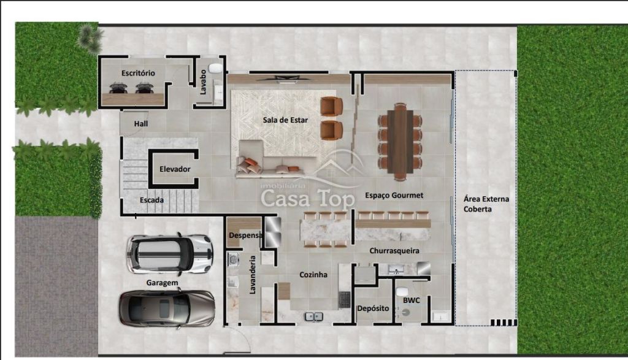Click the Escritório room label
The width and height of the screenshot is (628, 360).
click(138, 73)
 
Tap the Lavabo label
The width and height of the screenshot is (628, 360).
click(203, 82)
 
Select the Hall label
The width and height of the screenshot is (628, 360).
click(141, 124)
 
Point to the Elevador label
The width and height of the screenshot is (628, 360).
click(175, 169)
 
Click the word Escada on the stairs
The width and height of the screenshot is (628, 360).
click(151, 200)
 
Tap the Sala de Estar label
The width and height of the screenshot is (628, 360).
click(285, 120)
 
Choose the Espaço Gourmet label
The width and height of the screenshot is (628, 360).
click(394, 196)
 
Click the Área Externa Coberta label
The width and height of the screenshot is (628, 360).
click(486, 204)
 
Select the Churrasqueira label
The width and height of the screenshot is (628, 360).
click(394, 251)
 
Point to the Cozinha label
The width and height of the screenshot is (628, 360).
click(313, 275)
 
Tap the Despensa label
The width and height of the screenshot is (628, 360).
click(245, 235)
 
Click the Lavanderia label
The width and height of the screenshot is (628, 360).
click(252, 275)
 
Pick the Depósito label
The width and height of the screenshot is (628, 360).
click(373, 308)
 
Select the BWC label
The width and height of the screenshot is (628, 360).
click(412, 301)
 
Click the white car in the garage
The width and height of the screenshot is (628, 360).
click(169, 254)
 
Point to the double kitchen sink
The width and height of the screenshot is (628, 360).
click(314, 316)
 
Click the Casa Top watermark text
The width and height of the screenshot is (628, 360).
click(308, 198)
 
